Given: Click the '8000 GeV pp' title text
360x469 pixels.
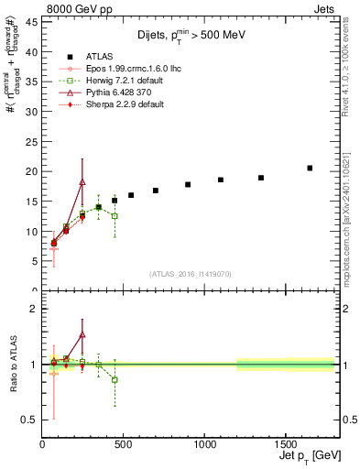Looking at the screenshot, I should [74, 8].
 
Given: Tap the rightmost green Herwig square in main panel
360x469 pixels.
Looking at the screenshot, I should [115, 216].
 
